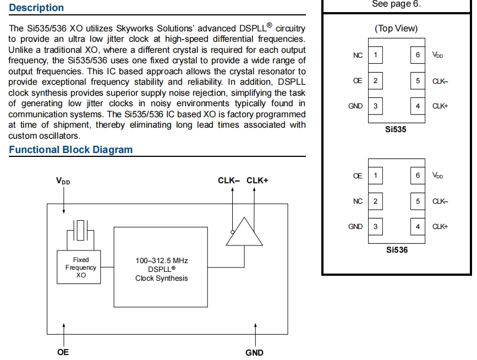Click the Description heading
[36, 8]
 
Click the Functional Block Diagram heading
[70, 150]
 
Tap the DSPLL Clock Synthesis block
[161, 269]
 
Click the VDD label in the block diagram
[63, 181]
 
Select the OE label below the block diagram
[63, 352]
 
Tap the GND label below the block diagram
[254, 352]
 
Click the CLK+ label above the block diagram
[257, 181]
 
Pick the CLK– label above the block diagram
[229, 181]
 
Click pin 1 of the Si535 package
[375, 55]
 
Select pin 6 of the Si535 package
[418, 55]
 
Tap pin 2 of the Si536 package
[375, 201]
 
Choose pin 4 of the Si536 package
[418, 226]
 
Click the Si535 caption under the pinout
[396, 129]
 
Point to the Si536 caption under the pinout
[396, 249]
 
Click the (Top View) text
[396, 28]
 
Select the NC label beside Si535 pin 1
[358, 55]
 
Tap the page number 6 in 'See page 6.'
[415, 4]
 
